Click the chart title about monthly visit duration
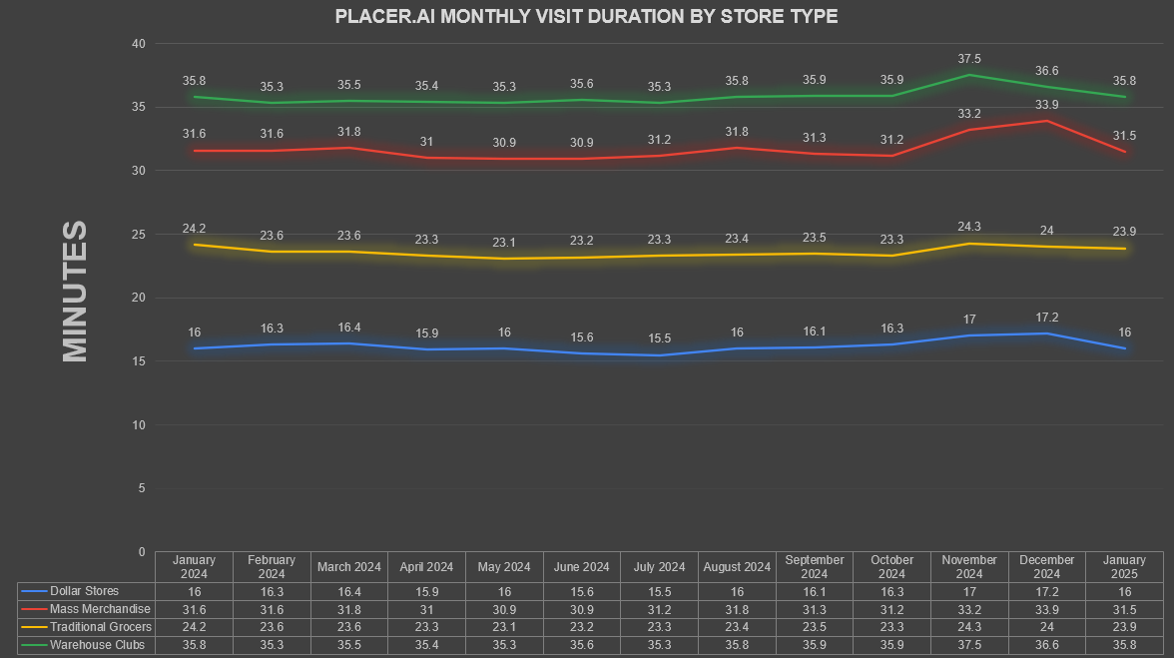click(x=586, y=16)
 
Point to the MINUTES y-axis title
click(x=75, y=292)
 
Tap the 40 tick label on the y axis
click(x=139, y=44)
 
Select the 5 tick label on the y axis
click(x=142, y=488)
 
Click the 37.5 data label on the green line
click(x=969, y=58)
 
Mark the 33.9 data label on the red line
click(x=1046, y=105)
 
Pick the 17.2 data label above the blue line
click(x=1046, y=318)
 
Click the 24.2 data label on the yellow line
click(x=194, y=229)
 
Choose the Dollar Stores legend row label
click(x=84, y=591)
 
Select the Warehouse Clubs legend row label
click(x=98, y=645)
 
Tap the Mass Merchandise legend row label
click(x=100, y=609)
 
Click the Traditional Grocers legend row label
click(x=100, y=627)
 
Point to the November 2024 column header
click(x=969, y=567)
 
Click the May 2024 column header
click(x=504, y=567)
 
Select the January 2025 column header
click(x=1124, y=567)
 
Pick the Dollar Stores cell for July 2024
click(x=659, y=591)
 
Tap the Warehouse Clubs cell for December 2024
click(x=1046, y=645)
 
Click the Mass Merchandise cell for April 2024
click(x=427, y=609)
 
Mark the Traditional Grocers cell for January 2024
click(x=194, y=627)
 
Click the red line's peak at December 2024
click(x=1046, y=121)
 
